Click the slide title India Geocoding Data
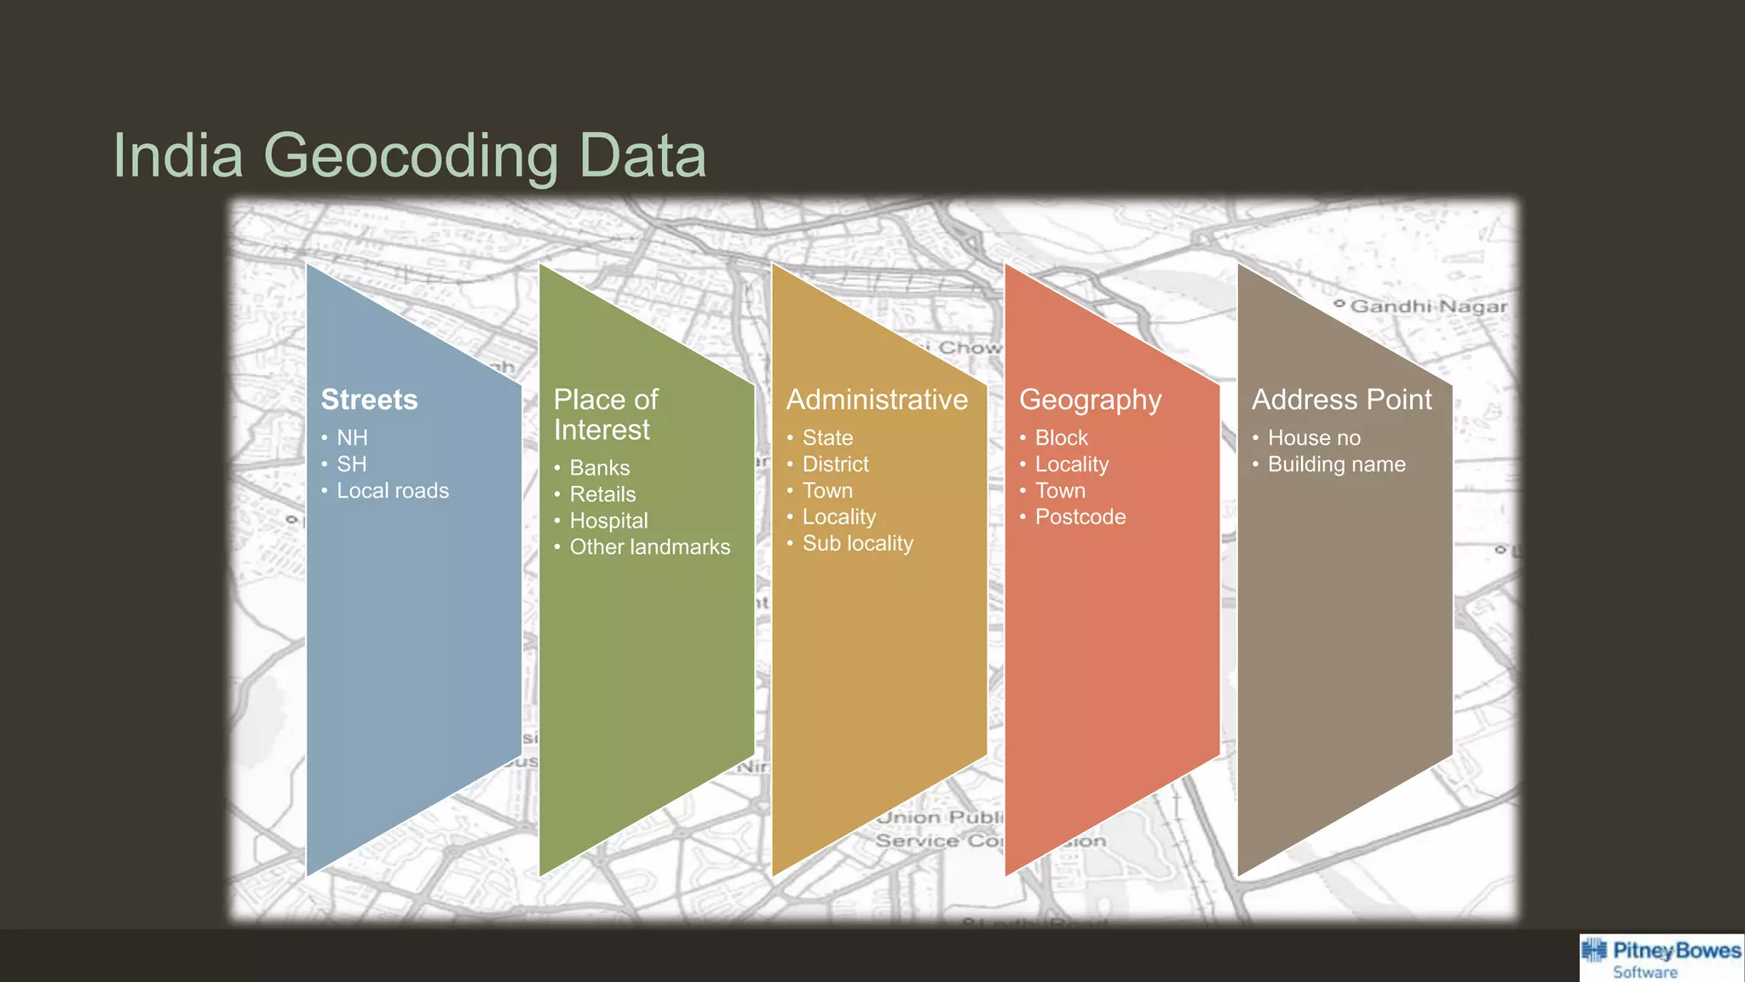click(x=409, y=155)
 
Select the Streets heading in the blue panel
click(x=369, y=400)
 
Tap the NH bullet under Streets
click(x=352, y=438)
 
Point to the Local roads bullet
click(x=392, y=491)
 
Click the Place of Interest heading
click(x=605, y=414)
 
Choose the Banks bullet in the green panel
click(x=599, y=468)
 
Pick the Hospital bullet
click(x=608, y=521)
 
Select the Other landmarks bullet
click(x=649, y=547)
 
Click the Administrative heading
click(x=877, y=400)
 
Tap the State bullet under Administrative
click(x=826, y=438)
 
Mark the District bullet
click(x=835, y=465)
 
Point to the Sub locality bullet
click(x=857, y=544)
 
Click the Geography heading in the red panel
click(x=1090, y=400)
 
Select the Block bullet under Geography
click(x=1061, y=438)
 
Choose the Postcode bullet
click(x=1080, y=517)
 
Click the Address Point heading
click(x=1341, y=400)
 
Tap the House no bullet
click(x=1314, y=438)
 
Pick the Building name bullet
click(x=1336, y=465)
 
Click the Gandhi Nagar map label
click(x=1428, y=306)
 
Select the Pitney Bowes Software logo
click(x=1661, y=958)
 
